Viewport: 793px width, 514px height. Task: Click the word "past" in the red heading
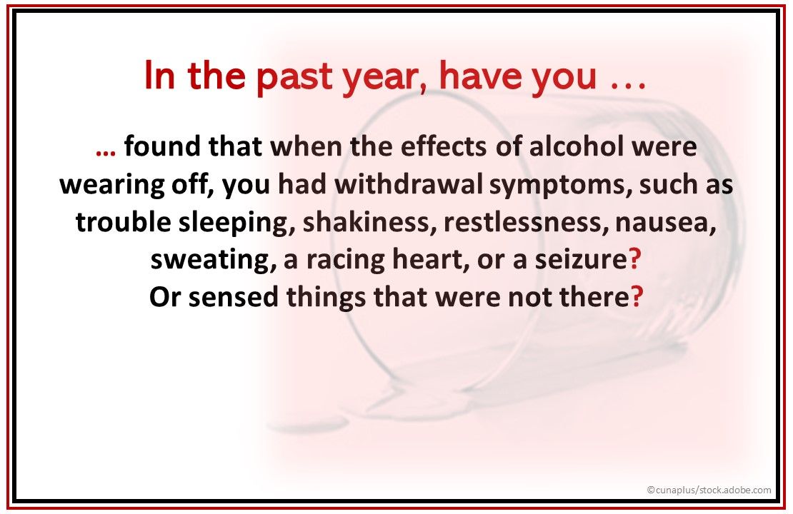(294, 77)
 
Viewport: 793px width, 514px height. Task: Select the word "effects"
(443, 146)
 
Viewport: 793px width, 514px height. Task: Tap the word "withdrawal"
(409, 184)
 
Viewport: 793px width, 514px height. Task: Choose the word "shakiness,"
(369, 222)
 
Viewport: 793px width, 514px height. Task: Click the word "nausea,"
(666, 223)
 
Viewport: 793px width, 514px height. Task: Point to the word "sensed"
(233, 297)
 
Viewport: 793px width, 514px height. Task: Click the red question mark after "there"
(637, 296)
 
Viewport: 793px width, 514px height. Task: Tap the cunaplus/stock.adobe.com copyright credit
(709, 490)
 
